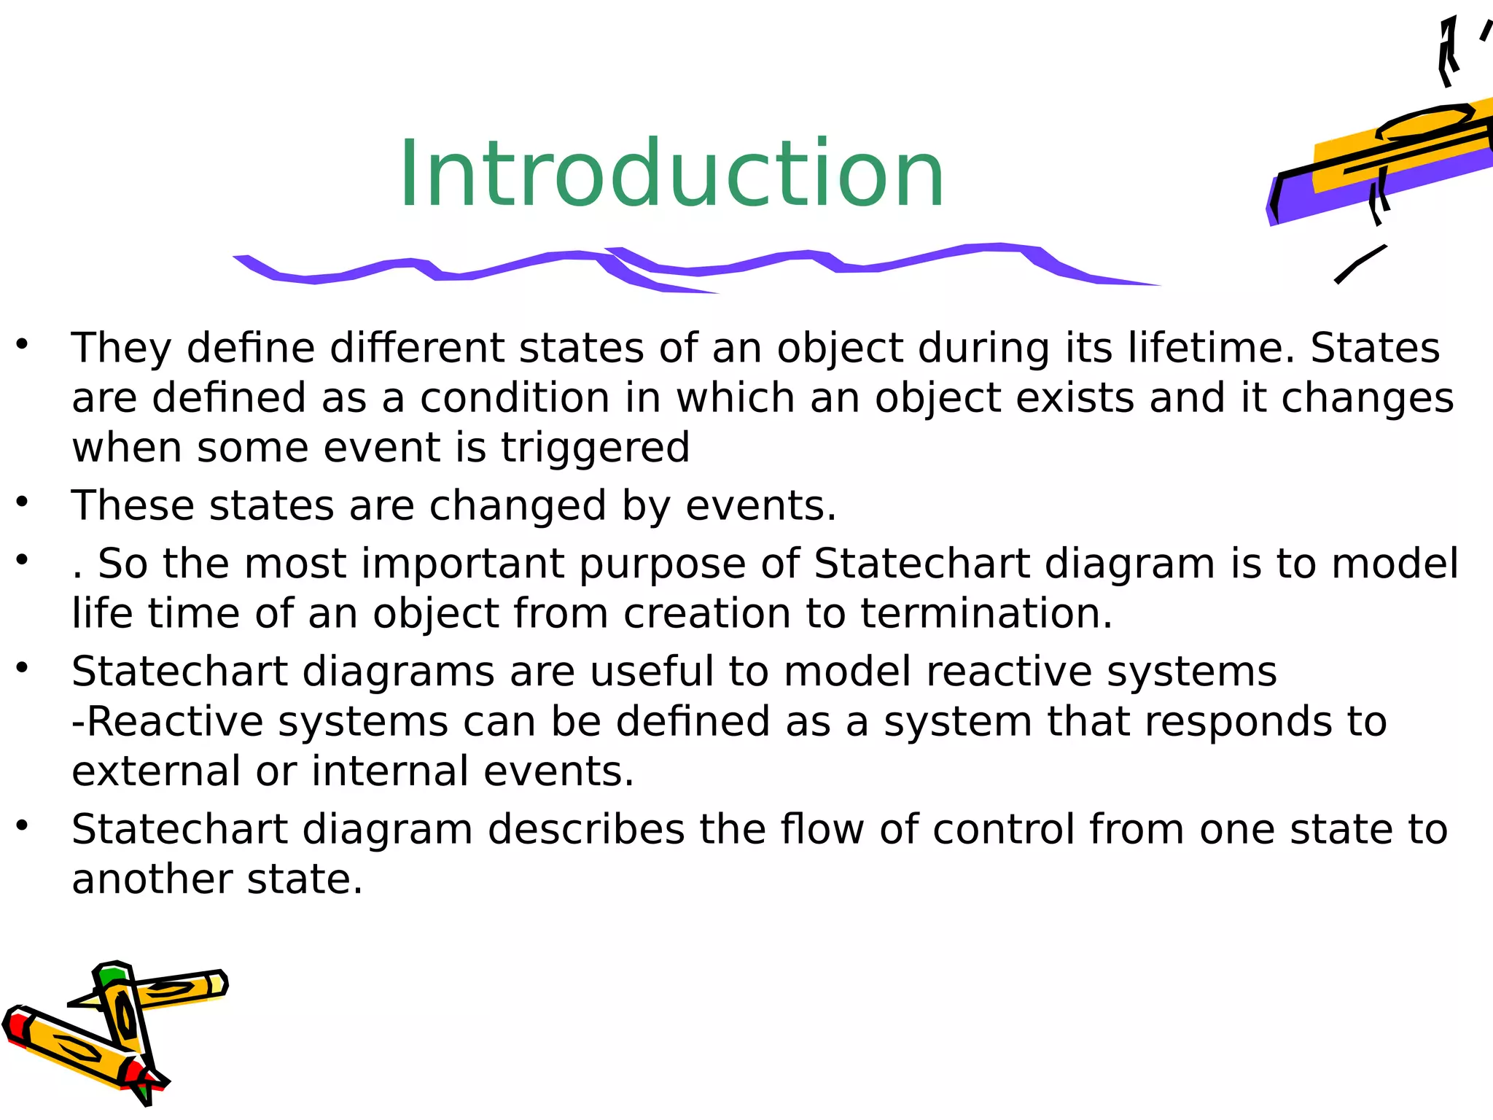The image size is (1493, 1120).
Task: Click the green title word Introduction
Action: (671, 175)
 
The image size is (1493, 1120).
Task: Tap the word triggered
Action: (595, 448)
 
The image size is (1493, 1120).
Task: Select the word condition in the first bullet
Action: (515, 398)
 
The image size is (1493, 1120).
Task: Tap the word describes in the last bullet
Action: (586, 830)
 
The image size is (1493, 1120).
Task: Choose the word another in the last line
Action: (152, 879)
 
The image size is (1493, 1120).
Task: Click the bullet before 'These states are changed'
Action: (22, 502)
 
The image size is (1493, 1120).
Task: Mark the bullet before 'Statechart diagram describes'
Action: (22, 825)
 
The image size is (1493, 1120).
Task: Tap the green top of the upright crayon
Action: (112, 975)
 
